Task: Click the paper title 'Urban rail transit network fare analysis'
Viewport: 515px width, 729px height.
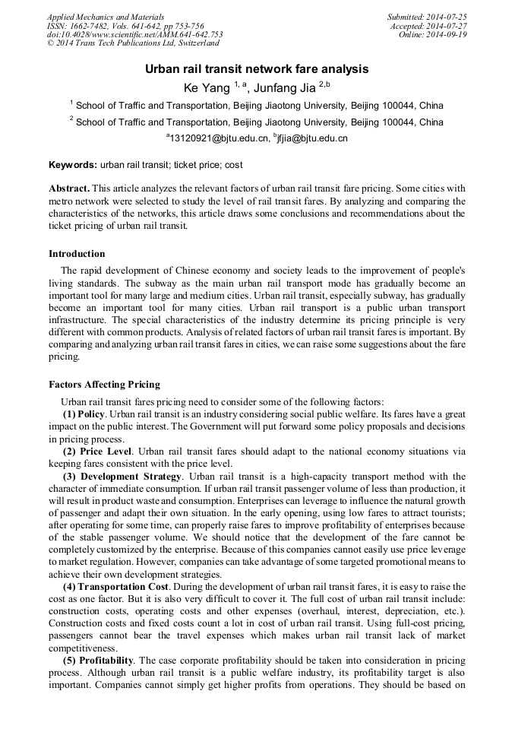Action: point(257,69)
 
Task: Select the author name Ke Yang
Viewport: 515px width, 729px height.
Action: point(207,88)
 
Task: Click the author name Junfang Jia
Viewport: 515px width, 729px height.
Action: point(284,88)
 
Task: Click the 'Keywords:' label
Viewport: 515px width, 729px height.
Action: point(73,164)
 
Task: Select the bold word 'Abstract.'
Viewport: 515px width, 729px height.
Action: point(69,188)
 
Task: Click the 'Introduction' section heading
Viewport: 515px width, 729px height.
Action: point(77,254)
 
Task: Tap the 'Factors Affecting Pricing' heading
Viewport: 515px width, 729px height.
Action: point(104,385)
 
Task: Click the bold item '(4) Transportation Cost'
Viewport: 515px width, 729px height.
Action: point(115,588)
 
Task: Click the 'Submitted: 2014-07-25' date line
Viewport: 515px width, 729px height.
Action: point(427,17)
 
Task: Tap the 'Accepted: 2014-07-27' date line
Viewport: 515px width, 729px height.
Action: point(428,26)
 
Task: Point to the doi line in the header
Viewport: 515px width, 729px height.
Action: point(134,35)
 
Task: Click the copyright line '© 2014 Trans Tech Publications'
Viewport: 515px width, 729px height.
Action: point(133,44)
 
